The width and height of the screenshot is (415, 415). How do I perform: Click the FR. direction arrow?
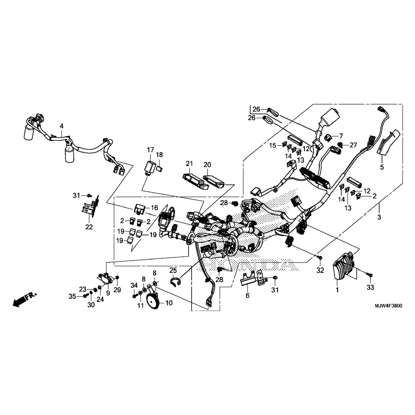coord(24,299)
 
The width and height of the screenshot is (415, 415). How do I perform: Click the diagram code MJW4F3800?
coord(388,306)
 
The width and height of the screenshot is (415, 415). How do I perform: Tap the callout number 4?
coord(61,126)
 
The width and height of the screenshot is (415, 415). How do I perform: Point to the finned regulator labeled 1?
coord(345,266)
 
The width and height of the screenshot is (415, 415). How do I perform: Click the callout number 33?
coord(370,287)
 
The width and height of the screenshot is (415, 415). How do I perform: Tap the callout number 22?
coord(89,227)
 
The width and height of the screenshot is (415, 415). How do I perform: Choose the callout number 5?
coord(382,167)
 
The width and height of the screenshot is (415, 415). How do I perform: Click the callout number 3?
coord(379,217)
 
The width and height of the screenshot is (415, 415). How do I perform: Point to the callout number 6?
coord(247,295)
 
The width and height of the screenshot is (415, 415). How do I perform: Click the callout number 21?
coord(189,164)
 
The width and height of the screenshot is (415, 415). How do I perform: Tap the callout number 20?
coord(207,165)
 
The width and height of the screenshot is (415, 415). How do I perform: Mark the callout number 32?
coord(320,270)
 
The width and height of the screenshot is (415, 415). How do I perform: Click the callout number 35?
coord(72,297)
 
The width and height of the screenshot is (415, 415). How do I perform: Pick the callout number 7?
coord(341,136)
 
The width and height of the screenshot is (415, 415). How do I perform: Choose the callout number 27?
coord(353,145)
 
